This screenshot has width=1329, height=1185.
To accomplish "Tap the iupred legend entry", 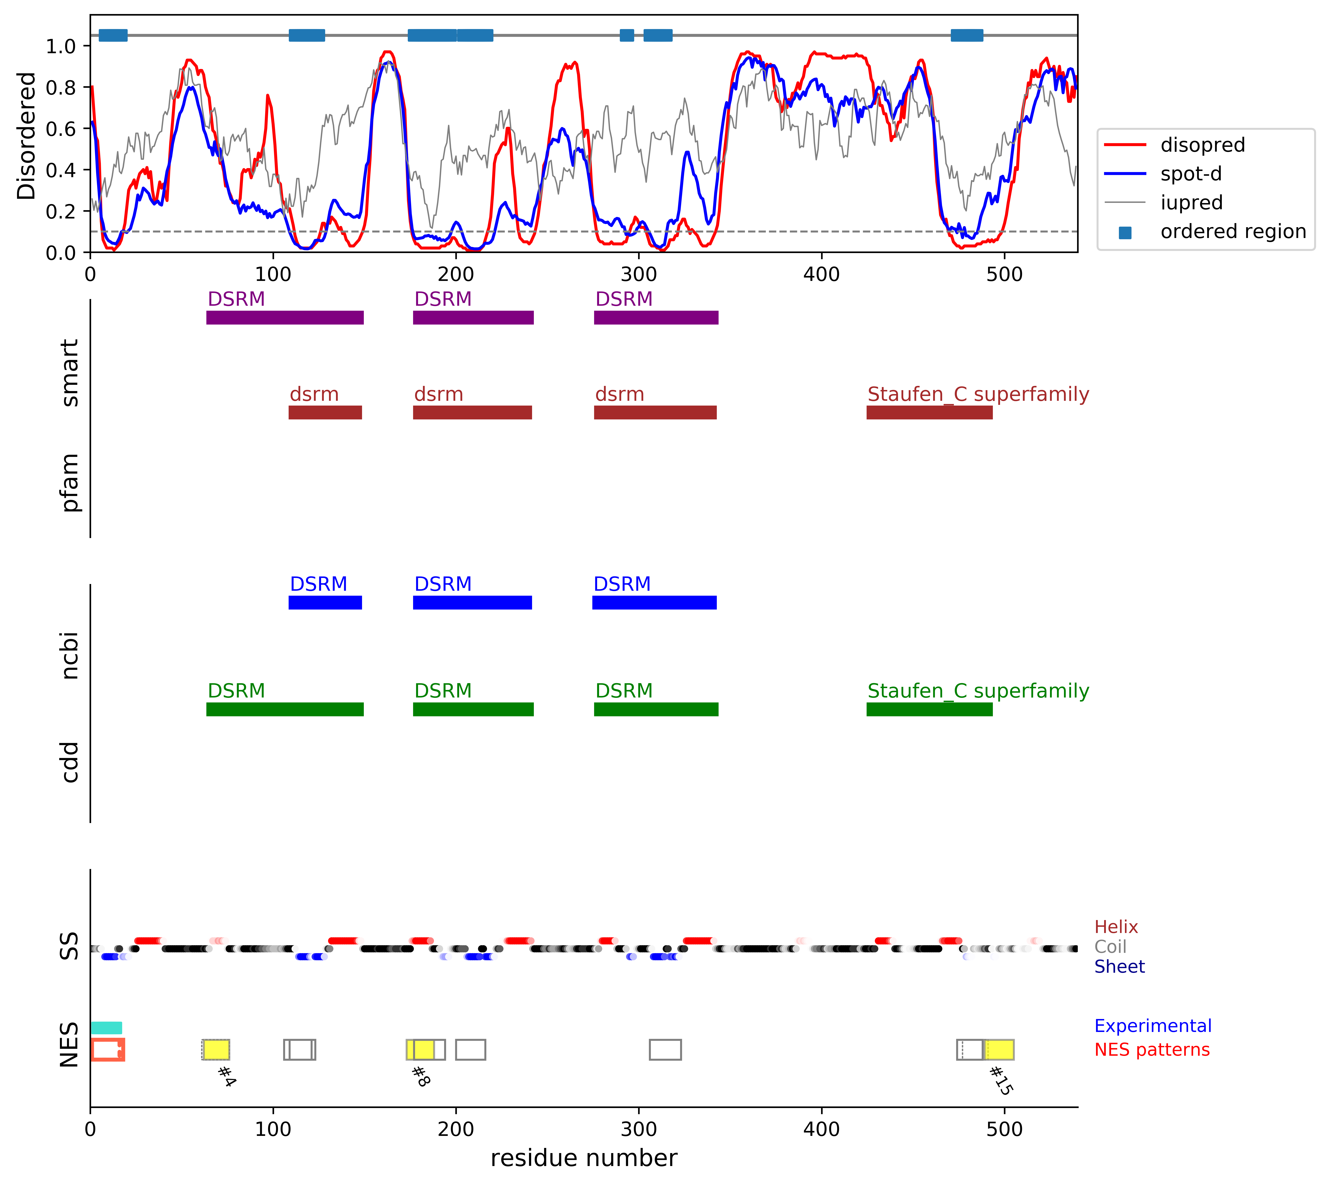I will click(x=1191, y=203).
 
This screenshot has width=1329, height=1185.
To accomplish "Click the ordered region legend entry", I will click(x=1233, y=232).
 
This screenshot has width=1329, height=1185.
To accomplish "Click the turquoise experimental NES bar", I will click(x=106, y=1028).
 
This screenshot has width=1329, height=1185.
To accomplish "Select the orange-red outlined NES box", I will click(x=107, y=1050).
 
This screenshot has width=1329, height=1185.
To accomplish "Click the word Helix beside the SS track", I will click(x=1116, y=927).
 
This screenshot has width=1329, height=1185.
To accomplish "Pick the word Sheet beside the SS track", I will click(x=1119, y=967).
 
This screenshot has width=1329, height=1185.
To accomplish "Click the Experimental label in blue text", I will click(x=1153, y=1026).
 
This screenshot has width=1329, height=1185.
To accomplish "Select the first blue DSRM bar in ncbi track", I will click(x=325, y=603).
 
